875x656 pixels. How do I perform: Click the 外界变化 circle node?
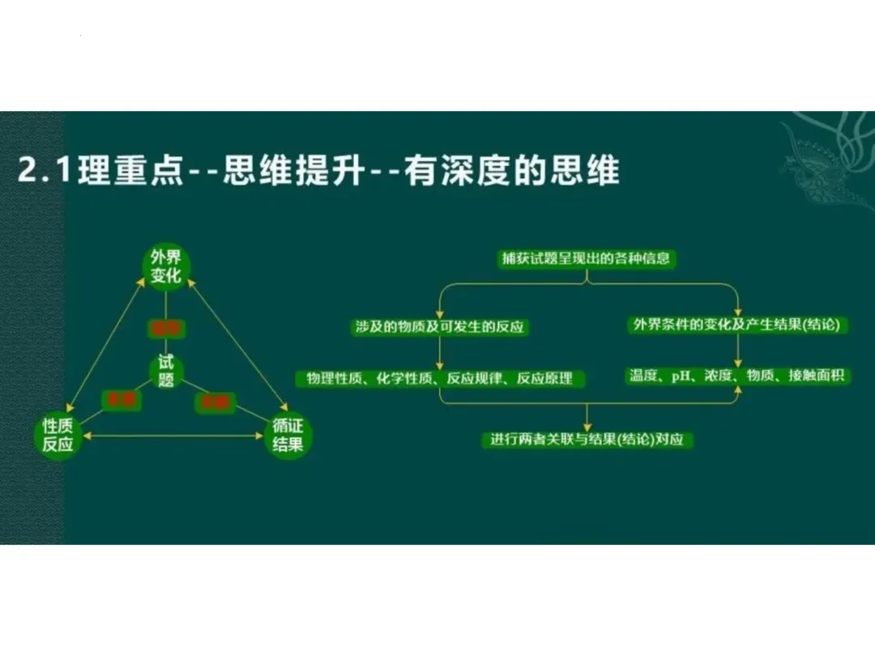click(166, 269)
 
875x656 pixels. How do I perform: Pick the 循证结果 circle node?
click(289, 436)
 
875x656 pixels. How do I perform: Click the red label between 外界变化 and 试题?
click(166, 328)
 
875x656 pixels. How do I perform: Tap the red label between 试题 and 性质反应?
click(120, 399)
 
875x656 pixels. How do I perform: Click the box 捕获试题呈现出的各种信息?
click(587, 260)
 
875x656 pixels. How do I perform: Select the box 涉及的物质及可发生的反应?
click(439, 326)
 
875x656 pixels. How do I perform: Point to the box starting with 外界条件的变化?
click(738, 326)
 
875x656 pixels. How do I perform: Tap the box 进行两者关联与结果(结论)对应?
click(587, 440)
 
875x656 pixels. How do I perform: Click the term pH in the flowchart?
click(679, 377)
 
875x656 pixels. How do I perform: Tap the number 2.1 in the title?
click(45, 173)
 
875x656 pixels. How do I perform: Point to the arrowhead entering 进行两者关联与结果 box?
click(587, 427)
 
